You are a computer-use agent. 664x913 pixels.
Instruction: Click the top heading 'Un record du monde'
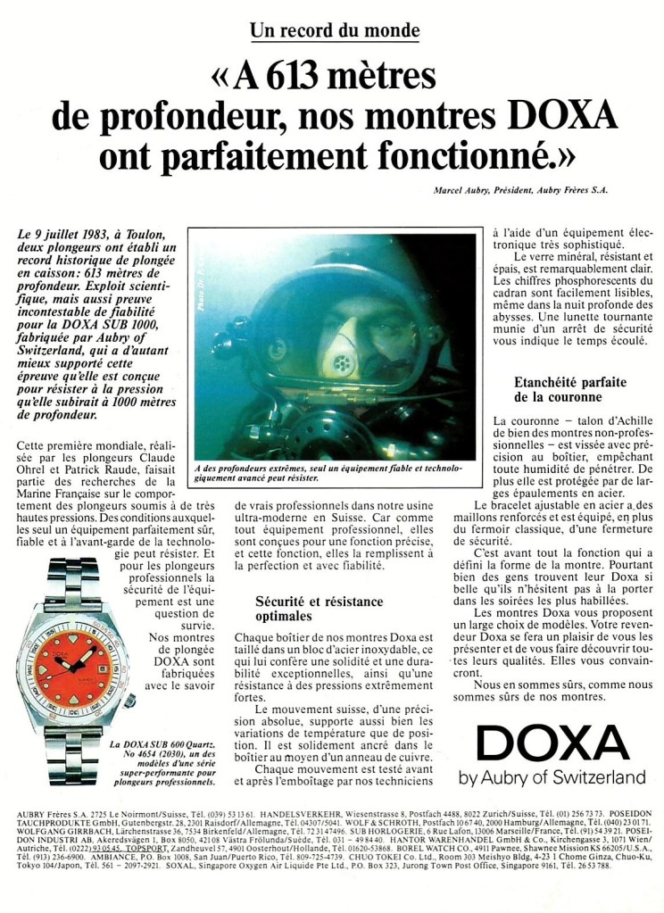pyautogui.click(x=335, y=29)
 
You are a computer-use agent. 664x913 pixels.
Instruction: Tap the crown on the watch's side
pyautogui.click(x=129, y=700)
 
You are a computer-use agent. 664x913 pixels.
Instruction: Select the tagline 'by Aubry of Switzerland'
pyautogui.click(x=552, y=777)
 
